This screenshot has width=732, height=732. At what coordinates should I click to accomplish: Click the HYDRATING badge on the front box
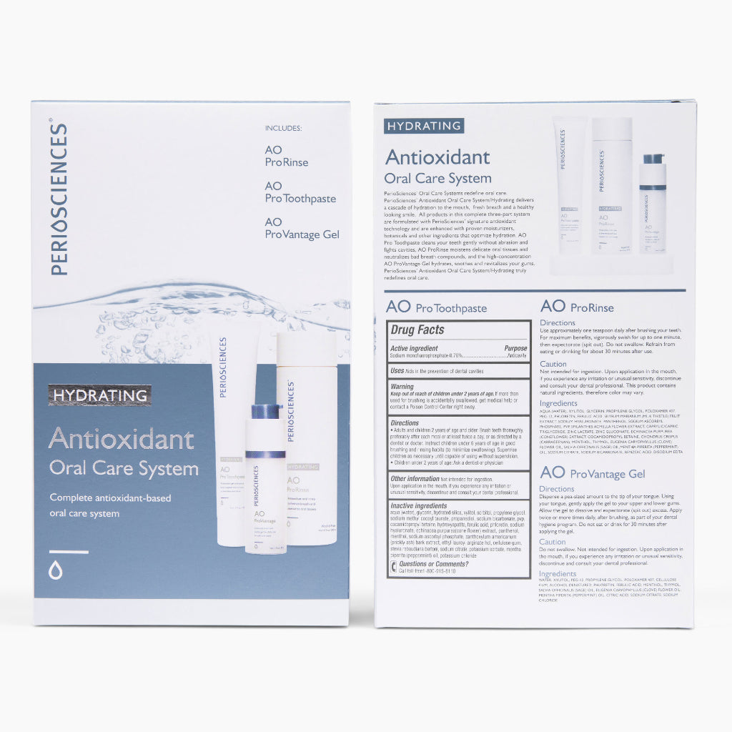click(99, 395)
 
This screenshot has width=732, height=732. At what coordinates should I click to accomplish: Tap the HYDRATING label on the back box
click(424, 126)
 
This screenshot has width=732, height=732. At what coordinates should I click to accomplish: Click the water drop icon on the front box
click(56, 570)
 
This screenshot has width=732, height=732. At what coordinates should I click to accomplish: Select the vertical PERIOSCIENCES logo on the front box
click(59, 199)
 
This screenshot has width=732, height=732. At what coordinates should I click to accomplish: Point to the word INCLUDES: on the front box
click(283, 128)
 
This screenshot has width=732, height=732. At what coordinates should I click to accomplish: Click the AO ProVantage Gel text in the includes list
click(301, 228)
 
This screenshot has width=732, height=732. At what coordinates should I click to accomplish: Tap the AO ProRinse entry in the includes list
click(286, 156)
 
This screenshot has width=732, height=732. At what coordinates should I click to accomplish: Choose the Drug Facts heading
click(417, 330)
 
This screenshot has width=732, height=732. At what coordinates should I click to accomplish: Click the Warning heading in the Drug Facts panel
click(402, 387)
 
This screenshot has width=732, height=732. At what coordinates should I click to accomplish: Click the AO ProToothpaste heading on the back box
click(436, 307)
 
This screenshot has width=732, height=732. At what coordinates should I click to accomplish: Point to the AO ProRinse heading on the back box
click(577, 307)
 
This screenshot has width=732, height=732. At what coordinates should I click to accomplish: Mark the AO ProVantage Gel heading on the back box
click(593, 473)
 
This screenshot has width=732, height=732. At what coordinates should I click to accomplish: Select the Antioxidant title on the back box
click(437, 157)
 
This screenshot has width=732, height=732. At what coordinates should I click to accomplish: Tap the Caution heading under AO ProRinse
click(553, 364)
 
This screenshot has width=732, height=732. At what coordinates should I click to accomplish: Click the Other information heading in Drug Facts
click(415, 478)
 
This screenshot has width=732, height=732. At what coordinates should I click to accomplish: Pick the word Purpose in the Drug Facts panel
click(515, 348)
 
